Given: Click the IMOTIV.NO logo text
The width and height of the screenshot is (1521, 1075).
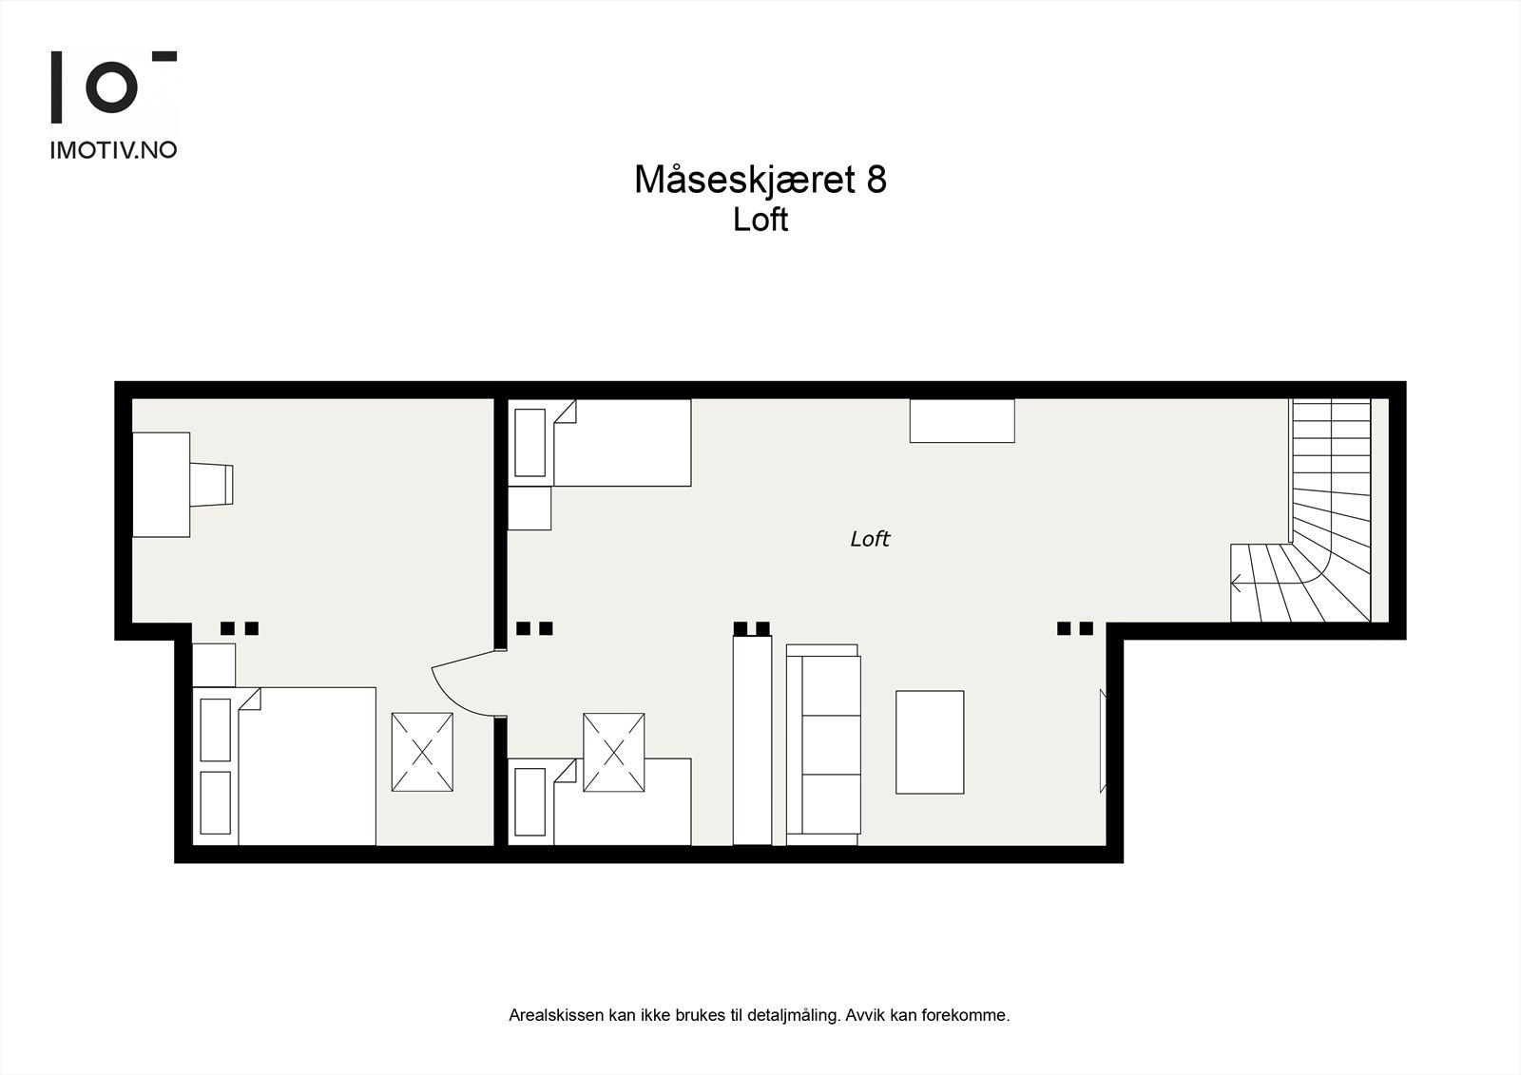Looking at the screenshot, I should tap(113, 149).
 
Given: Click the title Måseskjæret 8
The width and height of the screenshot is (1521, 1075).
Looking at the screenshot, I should tap(760, 180).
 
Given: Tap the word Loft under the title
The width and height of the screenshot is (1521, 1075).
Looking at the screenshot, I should tap(760, 220).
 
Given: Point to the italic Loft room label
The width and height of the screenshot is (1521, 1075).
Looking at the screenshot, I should tap(869, 539).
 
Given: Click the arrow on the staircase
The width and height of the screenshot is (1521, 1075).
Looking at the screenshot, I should tap(1237, 583).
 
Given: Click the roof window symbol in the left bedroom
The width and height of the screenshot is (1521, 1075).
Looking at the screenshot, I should tap(422, 752).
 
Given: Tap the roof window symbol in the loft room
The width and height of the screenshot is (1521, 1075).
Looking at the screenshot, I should tap(613, 752).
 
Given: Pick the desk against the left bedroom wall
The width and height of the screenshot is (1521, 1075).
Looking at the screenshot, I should tap(161, 485).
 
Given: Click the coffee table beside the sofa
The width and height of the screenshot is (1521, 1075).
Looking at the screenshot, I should tap(929, 742).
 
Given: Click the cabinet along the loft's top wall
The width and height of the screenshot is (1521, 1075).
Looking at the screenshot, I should tap(961, 421).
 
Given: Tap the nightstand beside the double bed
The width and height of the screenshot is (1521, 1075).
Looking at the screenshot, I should tap(214, 664).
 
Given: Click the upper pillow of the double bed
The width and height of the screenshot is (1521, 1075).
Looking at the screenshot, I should tap(216, 730).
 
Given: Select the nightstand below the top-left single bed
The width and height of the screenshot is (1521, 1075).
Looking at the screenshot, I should tap(529, 509).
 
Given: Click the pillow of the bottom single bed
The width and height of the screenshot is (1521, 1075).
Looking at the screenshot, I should tap(529, 802).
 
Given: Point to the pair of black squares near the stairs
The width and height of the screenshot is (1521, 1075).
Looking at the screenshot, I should tap(1075, 628).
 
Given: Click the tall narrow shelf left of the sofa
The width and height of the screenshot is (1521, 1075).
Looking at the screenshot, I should tap(752, 740).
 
